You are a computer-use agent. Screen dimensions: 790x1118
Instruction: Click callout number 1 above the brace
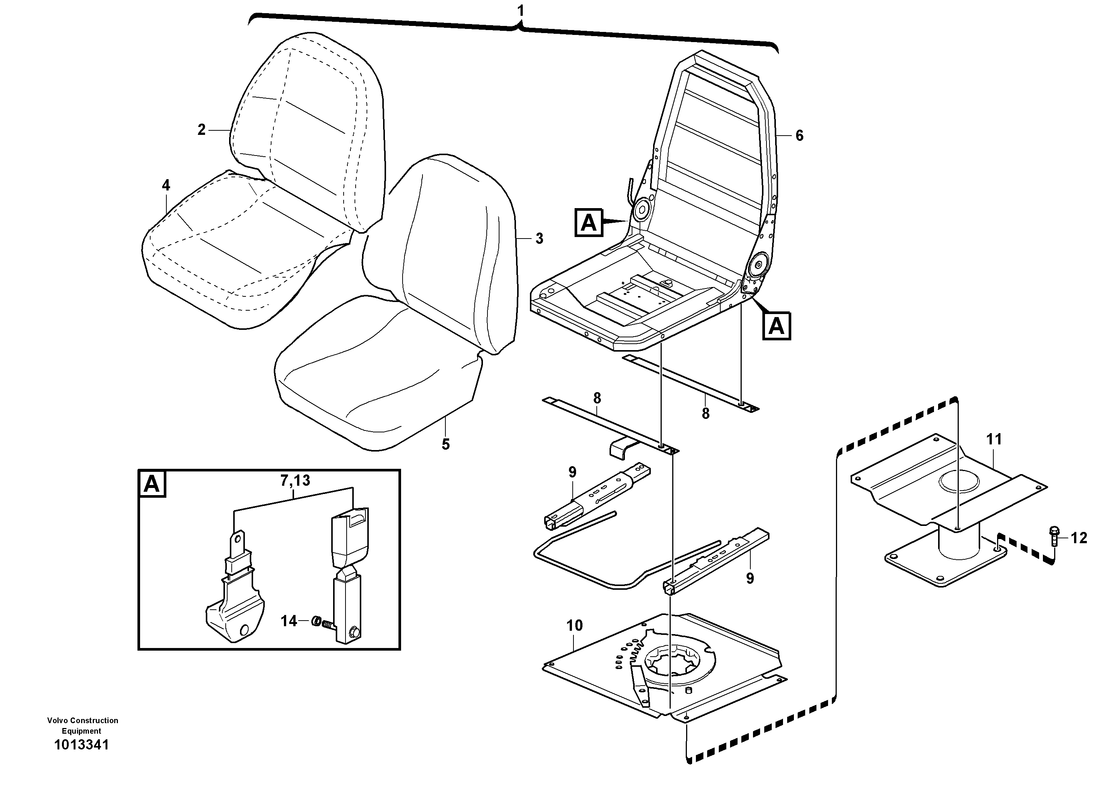coord(521,11)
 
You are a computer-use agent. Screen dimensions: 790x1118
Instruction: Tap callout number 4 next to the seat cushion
coord(166,185)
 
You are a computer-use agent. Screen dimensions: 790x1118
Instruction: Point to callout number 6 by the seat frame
coord(799,136)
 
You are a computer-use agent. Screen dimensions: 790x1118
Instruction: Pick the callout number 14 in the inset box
coord(289,621)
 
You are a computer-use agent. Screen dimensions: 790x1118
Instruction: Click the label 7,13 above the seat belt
coord(295,481)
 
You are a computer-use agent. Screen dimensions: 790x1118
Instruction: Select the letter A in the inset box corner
coord(152,484)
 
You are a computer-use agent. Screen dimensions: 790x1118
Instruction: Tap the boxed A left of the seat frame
coord(589,223)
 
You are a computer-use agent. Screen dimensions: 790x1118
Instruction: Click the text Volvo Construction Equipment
coord(82,725)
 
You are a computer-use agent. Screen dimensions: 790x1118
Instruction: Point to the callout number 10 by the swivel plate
coord(575,626)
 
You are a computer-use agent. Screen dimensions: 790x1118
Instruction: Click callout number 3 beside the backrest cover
coord(539,239)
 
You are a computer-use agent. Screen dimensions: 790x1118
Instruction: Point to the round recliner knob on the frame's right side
coord(758,264)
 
